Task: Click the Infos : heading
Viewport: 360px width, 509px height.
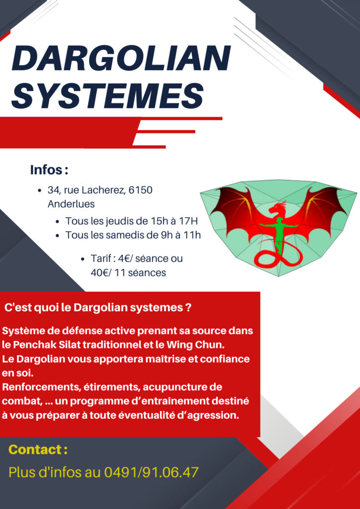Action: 49,170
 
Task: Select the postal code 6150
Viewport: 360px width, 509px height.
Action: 141,190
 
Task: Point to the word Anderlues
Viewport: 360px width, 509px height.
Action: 71,204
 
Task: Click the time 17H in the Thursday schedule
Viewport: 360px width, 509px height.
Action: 188,221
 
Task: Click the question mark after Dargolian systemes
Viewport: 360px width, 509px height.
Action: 188,307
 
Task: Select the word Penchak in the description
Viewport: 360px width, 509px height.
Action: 33,345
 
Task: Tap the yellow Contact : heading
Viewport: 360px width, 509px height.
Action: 38,449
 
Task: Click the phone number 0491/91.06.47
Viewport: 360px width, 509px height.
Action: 151,472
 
